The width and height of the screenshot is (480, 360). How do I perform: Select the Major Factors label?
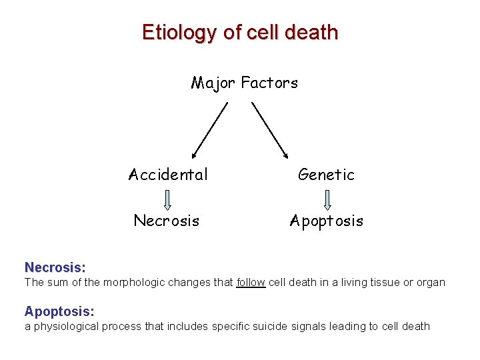244,83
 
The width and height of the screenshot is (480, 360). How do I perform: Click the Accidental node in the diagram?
168,175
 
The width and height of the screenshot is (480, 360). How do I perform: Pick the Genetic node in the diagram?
326,175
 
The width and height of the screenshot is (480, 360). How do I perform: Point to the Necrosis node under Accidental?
167,221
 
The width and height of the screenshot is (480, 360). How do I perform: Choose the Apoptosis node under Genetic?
327,221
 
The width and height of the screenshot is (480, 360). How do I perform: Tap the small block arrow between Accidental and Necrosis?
167,199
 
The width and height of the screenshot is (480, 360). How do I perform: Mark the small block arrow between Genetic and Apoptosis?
327,199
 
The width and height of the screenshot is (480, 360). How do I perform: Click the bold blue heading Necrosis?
55,267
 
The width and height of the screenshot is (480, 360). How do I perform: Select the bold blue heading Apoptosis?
59,311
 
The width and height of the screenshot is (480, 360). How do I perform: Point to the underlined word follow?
251,282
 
